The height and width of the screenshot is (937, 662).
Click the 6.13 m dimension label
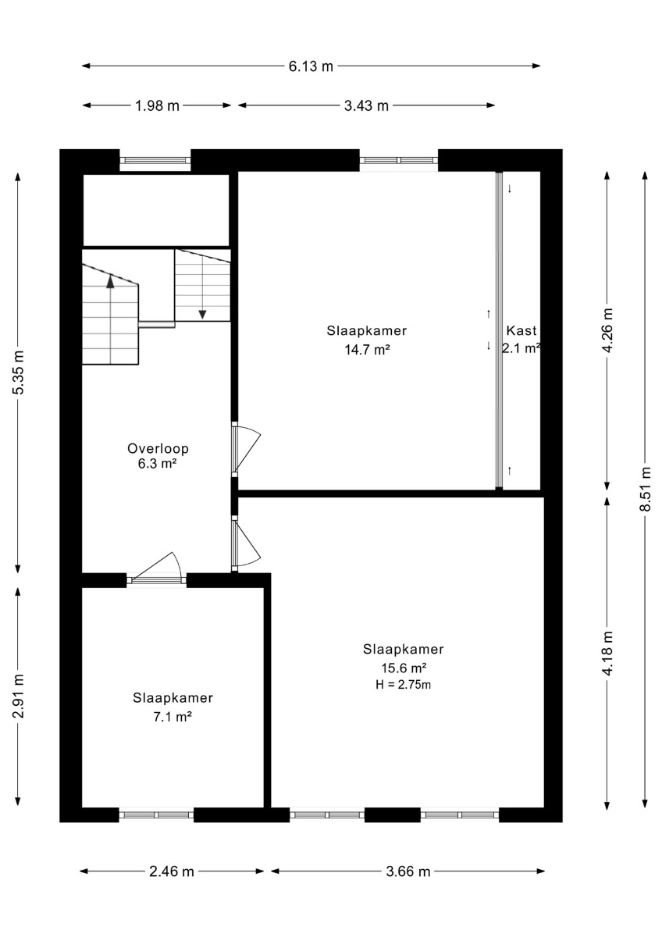(311, 66)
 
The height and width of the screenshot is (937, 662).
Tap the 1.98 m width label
(157, 106)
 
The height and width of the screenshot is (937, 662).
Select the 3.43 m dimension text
(366, 106)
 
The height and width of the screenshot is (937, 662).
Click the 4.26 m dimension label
(607, 330)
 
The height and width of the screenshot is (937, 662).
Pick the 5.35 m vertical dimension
(19, 372)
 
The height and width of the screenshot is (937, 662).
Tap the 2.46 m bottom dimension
(172, 871)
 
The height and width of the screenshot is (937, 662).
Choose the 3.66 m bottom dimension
(408, 871)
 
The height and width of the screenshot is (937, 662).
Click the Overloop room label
(158, 448)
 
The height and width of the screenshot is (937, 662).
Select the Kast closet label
(521, 330)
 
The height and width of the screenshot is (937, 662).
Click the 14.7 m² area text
(367, 349)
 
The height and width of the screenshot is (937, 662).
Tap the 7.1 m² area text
(173, 717)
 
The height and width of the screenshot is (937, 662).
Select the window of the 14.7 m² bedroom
(399, 160)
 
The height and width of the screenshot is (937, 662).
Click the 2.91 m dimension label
(19, 697)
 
